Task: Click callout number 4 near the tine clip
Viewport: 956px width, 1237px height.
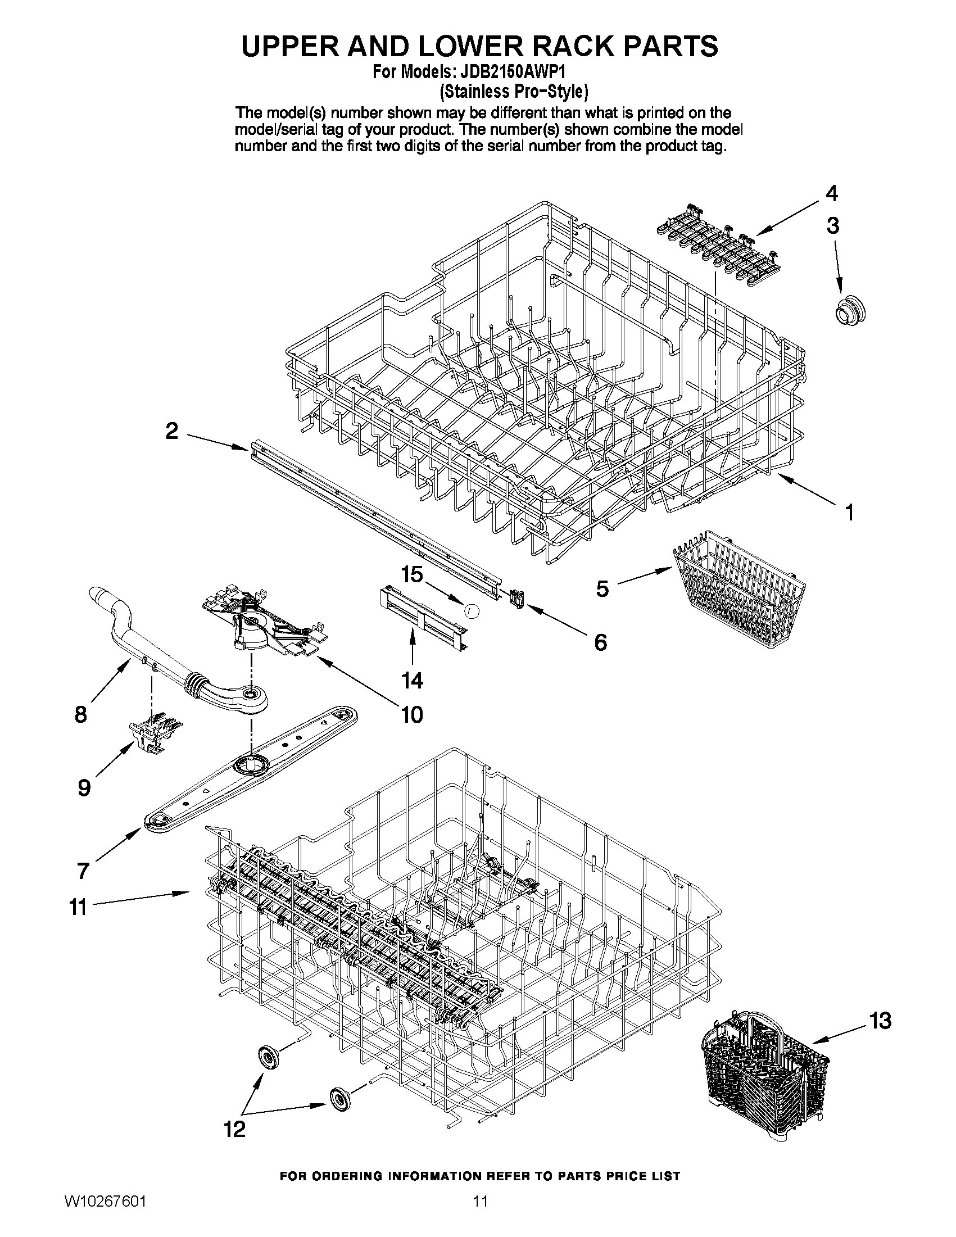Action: pos(831,194)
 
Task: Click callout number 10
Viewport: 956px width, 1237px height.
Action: pos(412,715)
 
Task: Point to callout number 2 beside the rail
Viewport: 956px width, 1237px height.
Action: pos(171,432)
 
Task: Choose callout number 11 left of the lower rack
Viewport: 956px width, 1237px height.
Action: pos(78,907)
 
